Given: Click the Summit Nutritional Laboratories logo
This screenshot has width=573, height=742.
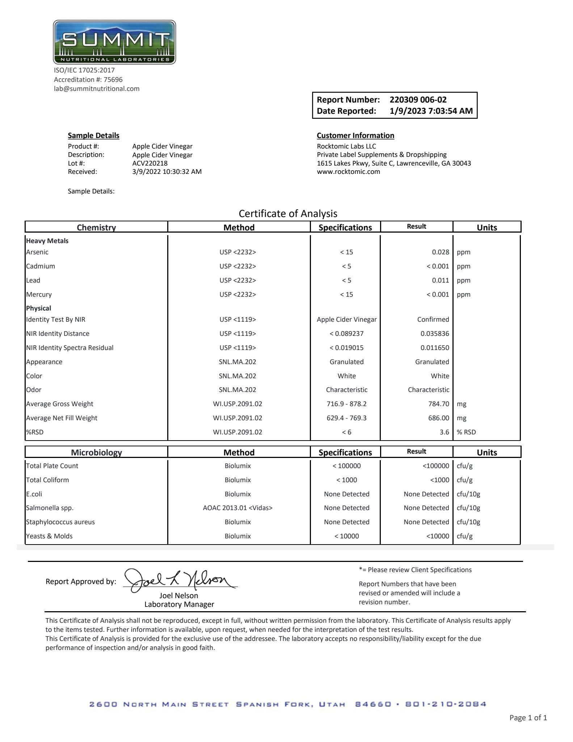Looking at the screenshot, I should tap(114, 42).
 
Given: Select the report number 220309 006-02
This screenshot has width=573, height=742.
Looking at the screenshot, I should tap(418, 100).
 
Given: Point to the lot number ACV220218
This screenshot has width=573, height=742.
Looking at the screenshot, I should tap(150, 163).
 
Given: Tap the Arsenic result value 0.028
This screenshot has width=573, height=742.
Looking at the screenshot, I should tap(440, 252).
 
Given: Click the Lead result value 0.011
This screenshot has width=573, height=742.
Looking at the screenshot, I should tap(440, 280).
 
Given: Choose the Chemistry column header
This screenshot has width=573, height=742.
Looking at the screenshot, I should tap(96, 227).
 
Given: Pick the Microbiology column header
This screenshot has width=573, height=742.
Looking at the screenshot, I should tap(96, 452).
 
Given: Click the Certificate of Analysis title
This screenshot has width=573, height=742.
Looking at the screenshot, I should tap(288, 213).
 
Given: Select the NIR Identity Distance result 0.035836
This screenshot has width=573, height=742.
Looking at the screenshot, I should tap(434, 334).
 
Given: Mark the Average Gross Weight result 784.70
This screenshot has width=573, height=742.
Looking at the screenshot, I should tap(438, 404).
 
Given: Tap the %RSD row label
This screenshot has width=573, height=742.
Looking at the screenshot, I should tap(35, 432).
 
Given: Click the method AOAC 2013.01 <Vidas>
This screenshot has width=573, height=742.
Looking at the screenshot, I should tap(237, 508).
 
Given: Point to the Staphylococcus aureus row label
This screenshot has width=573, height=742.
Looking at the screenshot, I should tap(60, 522).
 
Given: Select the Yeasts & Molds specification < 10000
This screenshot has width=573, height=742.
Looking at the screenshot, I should tap(346, 536).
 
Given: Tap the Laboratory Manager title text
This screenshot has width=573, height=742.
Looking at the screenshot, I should tap(179, 604).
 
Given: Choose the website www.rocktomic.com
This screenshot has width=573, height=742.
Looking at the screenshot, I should tap(348, 172).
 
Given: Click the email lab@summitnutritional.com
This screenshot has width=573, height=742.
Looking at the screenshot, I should tap(97, 89).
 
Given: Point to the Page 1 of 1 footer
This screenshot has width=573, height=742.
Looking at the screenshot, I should tap(528, 717).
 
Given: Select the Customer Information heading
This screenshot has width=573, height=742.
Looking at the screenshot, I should tap(355, 136).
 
